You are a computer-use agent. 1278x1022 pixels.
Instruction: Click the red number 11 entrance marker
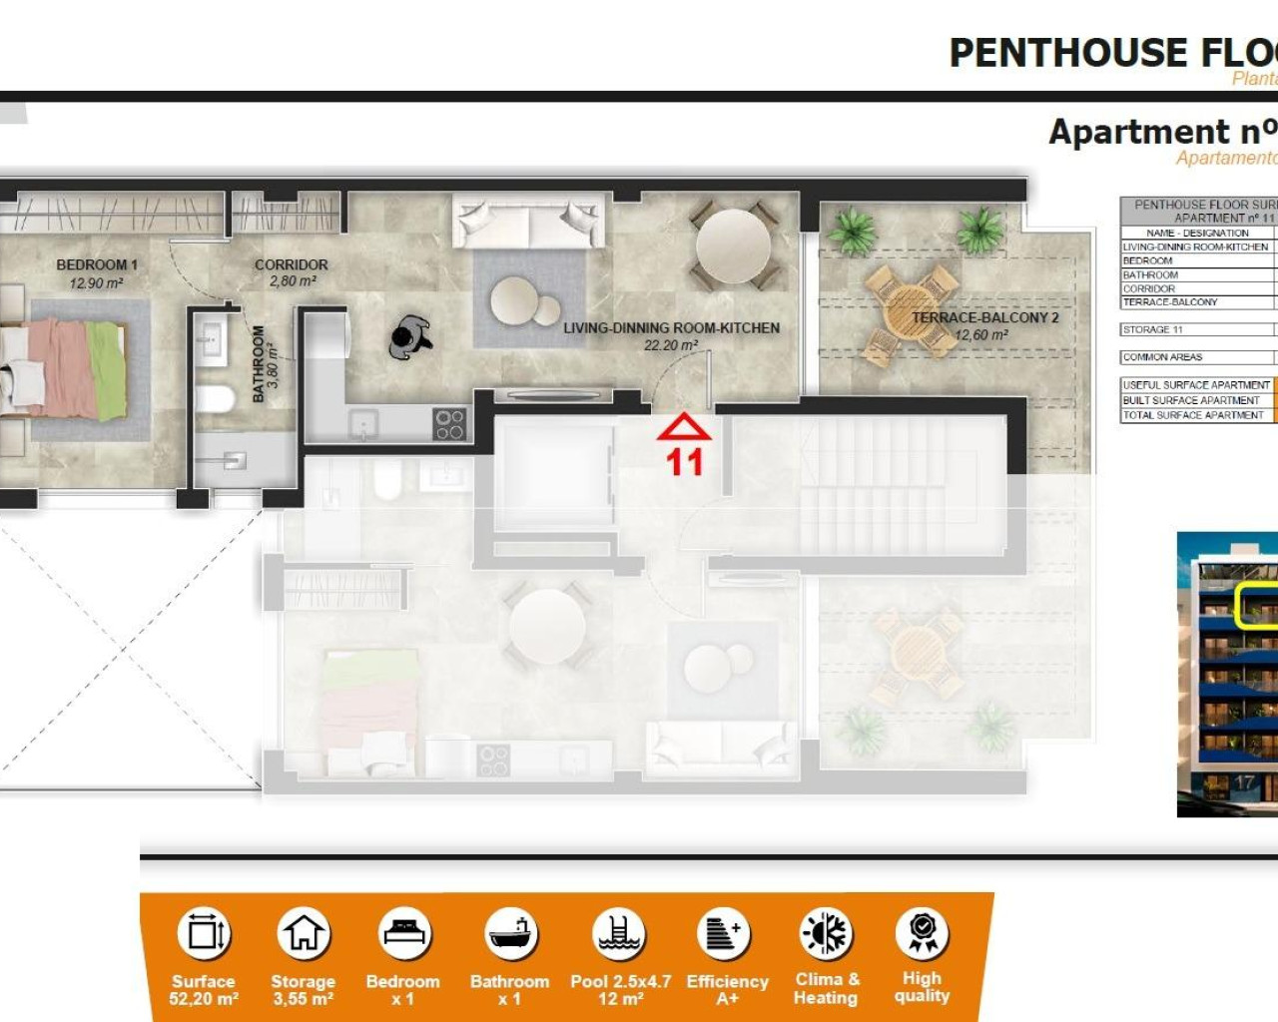pyautogui.click(x=684, y=461)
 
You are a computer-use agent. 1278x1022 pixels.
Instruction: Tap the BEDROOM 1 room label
pyautogui.click(x=97, y=264)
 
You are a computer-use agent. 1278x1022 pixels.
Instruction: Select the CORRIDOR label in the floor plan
pyautogui.click(x=291, y=264)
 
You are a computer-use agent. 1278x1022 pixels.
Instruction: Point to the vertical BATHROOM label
pyautogui.click(x=259, y=364)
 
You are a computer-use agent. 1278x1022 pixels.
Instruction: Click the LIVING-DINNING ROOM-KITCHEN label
pyautogui.click(x=671, y=327)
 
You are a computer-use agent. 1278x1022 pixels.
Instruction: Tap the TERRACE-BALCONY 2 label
pyautogui.click(x=984, y=317)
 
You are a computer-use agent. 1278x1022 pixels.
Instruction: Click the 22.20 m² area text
pyautogui.click(x=671, y=345)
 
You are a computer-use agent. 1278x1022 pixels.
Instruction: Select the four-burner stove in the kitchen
pyautogui.click(x=449, y=424)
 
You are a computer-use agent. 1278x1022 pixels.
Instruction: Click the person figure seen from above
pyautogui.click(x=409, y=337)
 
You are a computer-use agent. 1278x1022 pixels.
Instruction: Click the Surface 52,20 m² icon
pyautogui.click(x=204, y=934)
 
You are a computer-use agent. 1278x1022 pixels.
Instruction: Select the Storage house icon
pyautogui.click(x=304, y=934)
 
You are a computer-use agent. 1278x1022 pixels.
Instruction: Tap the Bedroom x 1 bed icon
pyautogui.click(x=404, y=934)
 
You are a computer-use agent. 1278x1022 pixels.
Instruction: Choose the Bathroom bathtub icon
pyautogui.click(x=510, y=934)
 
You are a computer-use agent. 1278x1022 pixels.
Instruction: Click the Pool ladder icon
pyautogui.click(x=619, y=934)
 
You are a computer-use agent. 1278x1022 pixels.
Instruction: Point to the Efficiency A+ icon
pyautogui.click(x=724, y=934)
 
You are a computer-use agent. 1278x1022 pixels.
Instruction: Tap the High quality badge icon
pyautogui.click(x=923, y=932)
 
